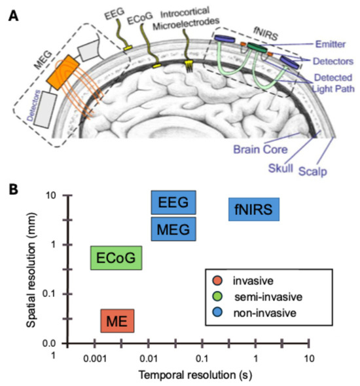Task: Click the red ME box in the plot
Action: pos(118,321)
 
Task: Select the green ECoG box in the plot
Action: pos(116,258)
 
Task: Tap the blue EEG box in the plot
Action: pos(173,203)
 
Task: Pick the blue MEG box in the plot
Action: pos(173,229)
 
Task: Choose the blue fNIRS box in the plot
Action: pos(254,210)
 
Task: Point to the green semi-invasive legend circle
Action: pos(219,298)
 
